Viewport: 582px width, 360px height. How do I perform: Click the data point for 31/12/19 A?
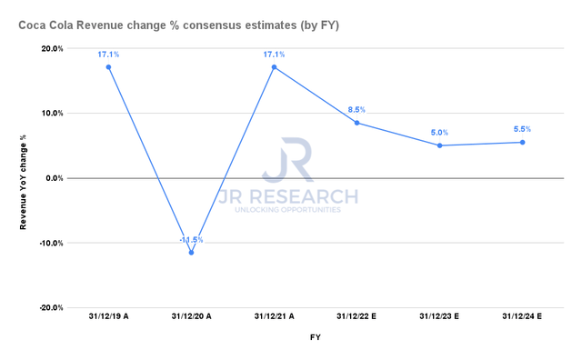(x=108, y=67)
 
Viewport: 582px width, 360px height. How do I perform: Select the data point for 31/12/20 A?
(x=191, y=252)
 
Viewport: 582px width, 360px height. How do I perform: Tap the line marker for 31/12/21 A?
(x=274, y=67)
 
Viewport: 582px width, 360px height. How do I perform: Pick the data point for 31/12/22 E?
(x=356, y=123)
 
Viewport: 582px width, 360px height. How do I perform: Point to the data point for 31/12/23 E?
(x=439, y=145)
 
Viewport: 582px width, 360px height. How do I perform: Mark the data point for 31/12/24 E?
(x=522, y=142)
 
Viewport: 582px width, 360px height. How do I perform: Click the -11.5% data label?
(x=191, y=240)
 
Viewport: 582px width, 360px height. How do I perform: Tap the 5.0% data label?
(x=439, y=133)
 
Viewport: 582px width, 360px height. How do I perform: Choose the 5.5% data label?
(x=522, y=129)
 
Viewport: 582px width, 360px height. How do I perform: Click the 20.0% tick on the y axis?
(x=51, y=49)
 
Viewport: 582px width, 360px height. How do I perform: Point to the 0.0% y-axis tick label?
(x=54, y=178)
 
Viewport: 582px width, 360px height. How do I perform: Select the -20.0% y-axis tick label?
(x=49, y=307)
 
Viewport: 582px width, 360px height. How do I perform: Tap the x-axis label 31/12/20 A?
(x=191, y=317)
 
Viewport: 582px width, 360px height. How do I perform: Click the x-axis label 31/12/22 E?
(x=356, y=317)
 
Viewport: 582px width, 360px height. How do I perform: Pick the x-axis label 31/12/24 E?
(x=522, y=317)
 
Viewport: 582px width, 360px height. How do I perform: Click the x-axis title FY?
(x=315, y=337)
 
